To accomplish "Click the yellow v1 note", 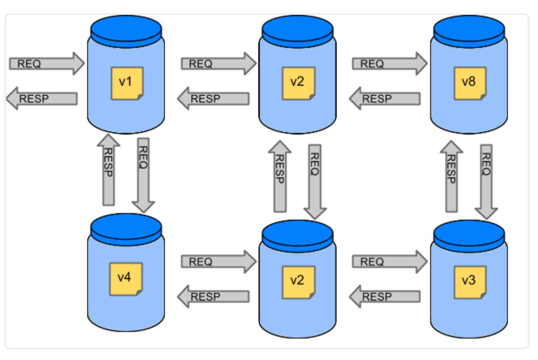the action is tap(127, 83).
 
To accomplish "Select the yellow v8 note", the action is tap(470, 83).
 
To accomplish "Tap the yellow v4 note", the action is tap(126, 279).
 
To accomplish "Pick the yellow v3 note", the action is tap(470, 282).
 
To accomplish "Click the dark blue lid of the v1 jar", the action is tap(126, 31).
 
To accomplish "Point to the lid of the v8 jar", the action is tap(469, 31).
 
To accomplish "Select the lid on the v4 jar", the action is tap(126, 230).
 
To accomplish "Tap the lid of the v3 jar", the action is tap(469, 236).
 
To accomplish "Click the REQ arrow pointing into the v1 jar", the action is tap(47, 64).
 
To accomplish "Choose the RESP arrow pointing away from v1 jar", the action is tap(42, 98).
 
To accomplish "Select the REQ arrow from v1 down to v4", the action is tap(143, 175).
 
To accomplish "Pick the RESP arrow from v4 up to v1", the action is tap(109, 170).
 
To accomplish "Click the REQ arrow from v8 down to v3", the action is tap(486, 182).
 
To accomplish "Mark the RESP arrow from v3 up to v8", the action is tap(452, 176).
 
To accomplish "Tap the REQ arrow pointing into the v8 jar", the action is tap(390, 64).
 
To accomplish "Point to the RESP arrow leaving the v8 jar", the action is tap(385, 98).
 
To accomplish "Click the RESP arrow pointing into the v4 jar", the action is tap(213, 296).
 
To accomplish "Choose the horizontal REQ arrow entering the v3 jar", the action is tap(390, 262).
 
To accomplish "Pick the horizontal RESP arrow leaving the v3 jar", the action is tap(385, 296).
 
